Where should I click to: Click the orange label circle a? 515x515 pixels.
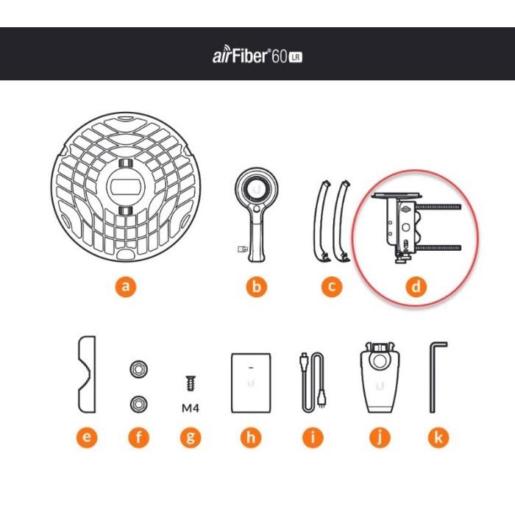tap(126, 287)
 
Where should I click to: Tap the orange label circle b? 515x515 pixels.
tap(255, 287)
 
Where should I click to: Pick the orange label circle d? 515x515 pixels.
tap(417, 287)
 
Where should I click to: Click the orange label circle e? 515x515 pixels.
tap(87, 438)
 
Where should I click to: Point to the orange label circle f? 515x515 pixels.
tap(138, 438)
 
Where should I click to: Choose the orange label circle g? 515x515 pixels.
tap(190, 438)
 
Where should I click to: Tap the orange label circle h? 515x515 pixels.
tap(251, 438)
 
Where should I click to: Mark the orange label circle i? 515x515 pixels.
tap(313, 438)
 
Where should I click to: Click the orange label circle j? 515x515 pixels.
tap(379, 438)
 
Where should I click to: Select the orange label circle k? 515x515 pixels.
tap(438, 438)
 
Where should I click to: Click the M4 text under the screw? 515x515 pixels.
tap(190, 406)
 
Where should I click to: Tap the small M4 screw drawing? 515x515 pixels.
tap(190, 383)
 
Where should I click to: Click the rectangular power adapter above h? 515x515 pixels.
tap(251, 381)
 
